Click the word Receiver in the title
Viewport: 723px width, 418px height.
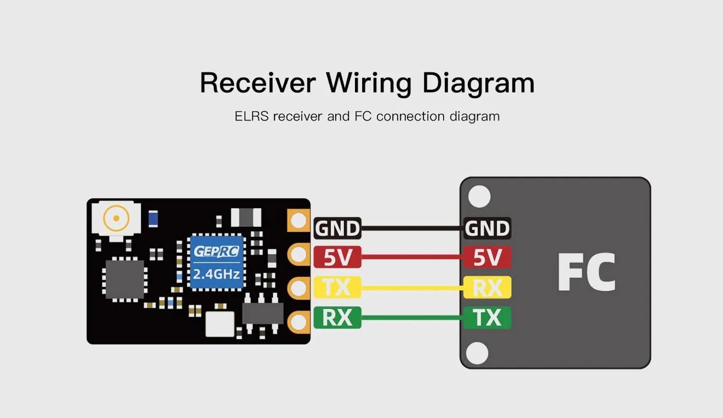tap(257, 83)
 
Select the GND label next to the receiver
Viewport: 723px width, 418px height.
tap(337, 228)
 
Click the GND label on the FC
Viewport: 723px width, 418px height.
tap(487, 228)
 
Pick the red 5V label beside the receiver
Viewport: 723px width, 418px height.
tap(337, 257)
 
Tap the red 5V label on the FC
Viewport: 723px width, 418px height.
tap(487, 257)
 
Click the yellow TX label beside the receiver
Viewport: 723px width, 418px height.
tap(337, 287)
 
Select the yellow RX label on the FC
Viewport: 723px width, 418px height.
tap(487, 287)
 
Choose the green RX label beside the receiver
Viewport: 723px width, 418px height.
tap(337, 317)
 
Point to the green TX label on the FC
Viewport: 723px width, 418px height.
tap(487, 317)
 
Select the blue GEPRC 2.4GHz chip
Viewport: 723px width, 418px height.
tap(216, 261)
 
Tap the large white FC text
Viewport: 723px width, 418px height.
tap(586, 272)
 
